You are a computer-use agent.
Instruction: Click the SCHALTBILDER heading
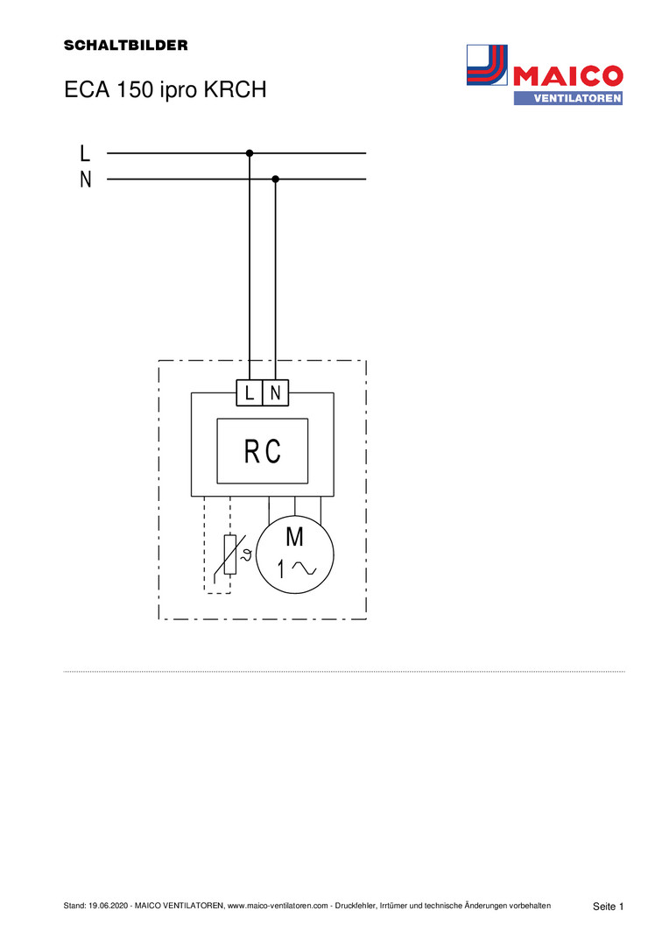[125, 46]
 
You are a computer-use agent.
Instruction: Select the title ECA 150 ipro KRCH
[164, 90]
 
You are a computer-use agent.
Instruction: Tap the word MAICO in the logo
[568, 75]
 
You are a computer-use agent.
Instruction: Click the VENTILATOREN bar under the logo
[567, 98]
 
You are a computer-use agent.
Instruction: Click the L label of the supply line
[85, 153]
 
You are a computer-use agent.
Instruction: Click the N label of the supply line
[85, 180]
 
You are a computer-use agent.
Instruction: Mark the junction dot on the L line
[250, 153]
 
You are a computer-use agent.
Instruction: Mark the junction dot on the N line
[276, 180]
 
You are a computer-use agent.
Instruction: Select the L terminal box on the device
[250, 393]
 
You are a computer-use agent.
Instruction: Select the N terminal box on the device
[276, 393]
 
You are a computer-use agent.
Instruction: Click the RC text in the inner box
[262, 452]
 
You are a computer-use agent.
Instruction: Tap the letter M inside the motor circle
[295, 537]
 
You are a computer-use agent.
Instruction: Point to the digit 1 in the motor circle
[281, 569]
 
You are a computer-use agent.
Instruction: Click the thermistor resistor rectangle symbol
[229, 554]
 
